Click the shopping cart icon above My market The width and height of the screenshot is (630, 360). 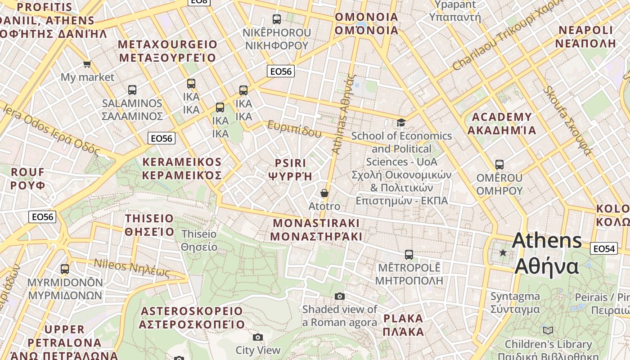point(87,64)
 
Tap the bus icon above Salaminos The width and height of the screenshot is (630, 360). point(132,90)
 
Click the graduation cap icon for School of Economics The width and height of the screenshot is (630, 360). point(401,122)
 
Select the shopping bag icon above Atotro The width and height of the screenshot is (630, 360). point(324,193)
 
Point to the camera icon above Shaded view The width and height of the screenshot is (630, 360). point(340,296)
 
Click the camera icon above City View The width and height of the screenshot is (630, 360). point(258,337)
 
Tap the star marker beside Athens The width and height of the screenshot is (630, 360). point(503,253)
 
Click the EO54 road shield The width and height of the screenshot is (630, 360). point(604,248)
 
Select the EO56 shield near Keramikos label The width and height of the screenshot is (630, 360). point(161,138)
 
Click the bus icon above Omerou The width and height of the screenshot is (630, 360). point(499,164)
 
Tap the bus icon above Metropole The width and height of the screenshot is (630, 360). point(409,255)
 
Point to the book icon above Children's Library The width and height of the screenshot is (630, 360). point(548,331)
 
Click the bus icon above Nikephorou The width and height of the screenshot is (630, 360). point(277,19)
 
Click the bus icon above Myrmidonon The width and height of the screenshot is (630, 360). point(65,269)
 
